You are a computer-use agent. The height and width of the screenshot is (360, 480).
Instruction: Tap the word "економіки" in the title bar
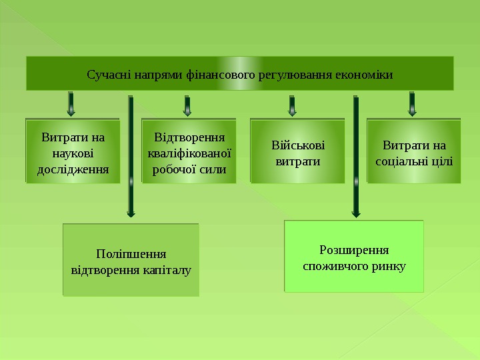click(366, 73)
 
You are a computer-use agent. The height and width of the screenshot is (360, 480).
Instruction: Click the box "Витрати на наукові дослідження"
click(73, 151)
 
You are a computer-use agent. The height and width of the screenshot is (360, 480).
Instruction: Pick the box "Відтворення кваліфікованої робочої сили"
click(189, 151)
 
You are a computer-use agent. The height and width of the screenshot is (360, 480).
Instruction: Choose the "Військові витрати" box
click(297, 151)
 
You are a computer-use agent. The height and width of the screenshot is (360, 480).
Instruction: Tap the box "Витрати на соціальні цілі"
click(414, 151)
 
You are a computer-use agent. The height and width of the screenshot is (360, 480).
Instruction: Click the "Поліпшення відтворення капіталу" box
click(131, 260)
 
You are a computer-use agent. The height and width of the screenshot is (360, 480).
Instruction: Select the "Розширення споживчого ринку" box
click(354, 256)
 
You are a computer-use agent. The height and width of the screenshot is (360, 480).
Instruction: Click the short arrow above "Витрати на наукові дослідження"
click(71, 104)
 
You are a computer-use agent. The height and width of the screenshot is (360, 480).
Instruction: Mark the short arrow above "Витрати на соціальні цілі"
click(412, 104)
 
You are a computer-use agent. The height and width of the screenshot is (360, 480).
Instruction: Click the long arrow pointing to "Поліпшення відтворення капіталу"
click(131, 157)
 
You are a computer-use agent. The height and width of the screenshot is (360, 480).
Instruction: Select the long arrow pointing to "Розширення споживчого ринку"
click(356, 157)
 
